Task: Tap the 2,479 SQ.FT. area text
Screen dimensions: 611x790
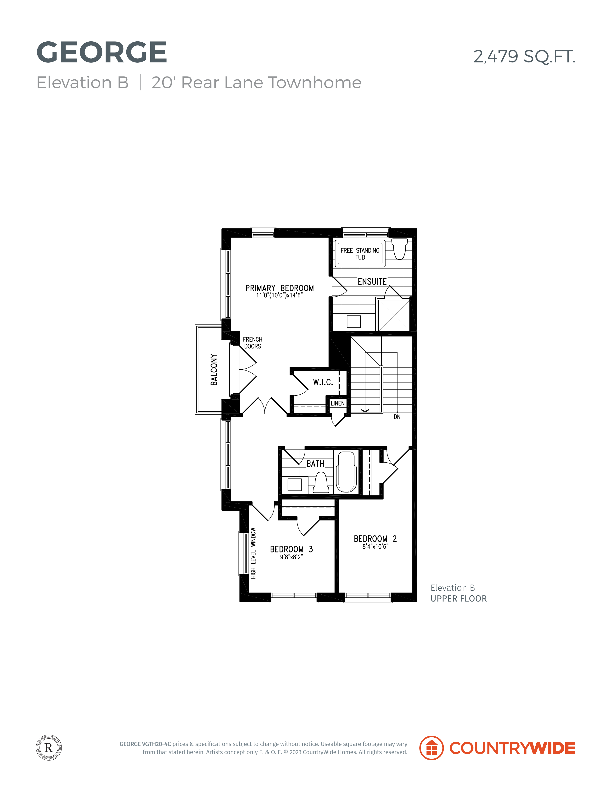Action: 524,56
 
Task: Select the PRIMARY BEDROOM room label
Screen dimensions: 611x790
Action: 280,288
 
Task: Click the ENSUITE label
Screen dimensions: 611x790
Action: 372,282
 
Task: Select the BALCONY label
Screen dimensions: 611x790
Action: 214,370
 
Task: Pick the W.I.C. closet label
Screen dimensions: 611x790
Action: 323,382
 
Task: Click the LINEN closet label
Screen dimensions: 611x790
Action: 338,403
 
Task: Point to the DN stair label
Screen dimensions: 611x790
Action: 397,417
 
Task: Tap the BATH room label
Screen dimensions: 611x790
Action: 315,464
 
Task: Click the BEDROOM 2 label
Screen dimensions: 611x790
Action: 375,539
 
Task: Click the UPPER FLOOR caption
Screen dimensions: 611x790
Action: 459,599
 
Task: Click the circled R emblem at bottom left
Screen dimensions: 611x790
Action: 49,748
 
